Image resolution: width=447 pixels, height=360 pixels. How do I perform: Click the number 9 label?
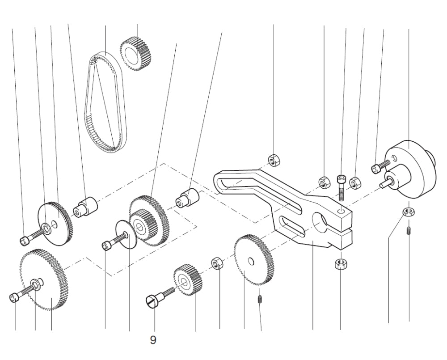coord(153,341)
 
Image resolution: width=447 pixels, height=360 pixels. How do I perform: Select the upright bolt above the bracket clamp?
coord(342,186)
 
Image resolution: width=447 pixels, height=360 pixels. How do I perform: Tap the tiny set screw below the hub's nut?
coord(409,231)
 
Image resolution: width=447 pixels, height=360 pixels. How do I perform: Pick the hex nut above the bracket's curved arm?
coord(273,159)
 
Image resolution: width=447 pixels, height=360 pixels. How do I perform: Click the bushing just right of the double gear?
coord(187,198)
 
